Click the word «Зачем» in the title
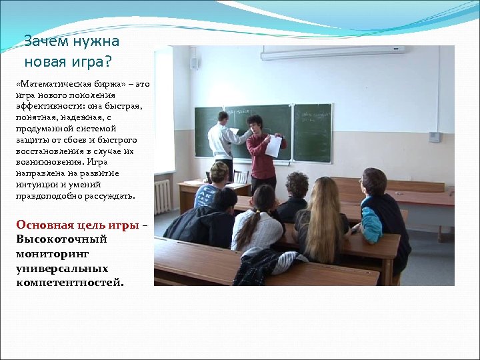pyautogui.click(x=45, y=42)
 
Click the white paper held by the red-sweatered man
pyautogui.click(x=273, y=145)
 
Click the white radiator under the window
pyautogui.click(x=162, y=196)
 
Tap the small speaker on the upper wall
pyautogui.click(x=195, y=63)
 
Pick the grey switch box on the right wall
pyautogui.click(x=434, y=136)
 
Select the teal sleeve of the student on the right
pyautogui.click(x=371, y=225)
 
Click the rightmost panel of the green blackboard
pyautogui.click(x=313, y=132)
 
